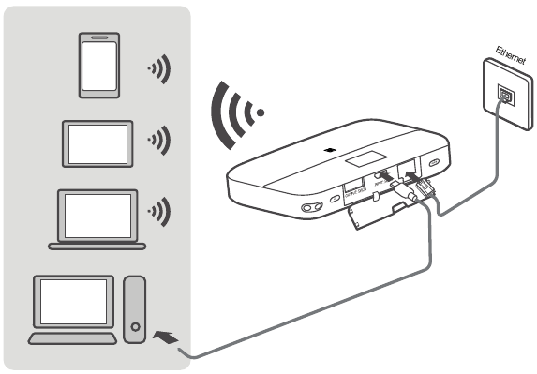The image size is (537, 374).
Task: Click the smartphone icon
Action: pos(99,67)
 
